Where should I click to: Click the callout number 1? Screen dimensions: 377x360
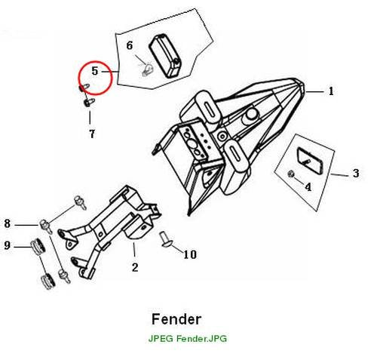coord(331,91)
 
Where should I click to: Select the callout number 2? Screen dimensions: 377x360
coord(135,267)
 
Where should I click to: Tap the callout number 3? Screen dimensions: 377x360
coord(356,174)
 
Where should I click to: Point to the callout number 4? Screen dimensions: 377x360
coord(308,187)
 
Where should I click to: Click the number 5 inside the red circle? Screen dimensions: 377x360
coord(95,71)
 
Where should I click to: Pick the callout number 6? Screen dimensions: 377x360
coord(130,45)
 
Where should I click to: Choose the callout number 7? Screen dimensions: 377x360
coord(92,134)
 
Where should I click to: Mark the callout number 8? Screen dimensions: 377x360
coord(8,223)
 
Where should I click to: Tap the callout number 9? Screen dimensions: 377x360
coord(8,245)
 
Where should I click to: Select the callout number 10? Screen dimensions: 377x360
coord(190,254)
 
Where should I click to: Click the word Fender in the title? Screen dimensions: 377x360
coord(176,319)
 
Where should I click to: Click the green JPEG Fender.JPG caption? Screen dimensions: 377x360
coord(188,339)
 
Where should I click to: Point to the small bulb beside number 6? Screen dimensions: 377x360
coord(147,69)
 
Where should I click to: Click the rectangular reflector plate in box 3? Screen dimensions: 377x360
coord(310,161)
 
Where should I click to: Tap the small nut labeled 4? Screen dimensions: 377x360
coord(290,174)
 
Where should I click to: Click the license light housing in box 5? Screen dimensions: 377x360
coord(165,56)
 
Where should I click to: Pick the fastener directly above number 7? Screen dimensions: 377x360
coord(89,103)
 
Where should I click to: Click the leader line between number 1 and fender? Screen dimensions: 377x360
coord(315,92)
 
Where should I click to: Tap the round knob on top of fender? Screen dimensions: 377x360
coord(251,115)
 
